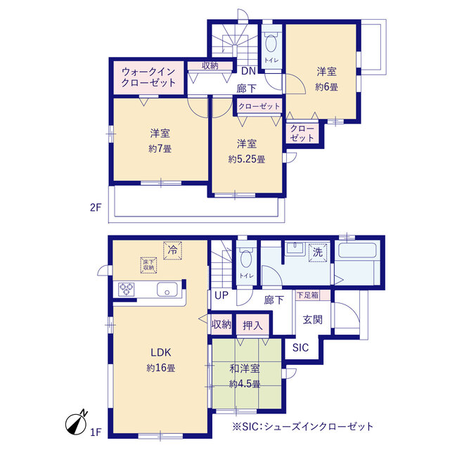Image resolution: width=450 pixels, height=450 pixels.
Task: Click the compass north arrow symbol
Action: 77,423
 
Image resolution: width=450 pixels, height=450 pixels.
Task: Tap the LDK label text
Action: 161,352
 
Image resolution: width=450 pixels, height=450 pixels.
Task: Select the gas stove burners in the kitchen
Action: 127,289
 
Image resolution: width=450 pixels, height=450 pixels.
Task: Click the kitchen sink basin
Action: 167,289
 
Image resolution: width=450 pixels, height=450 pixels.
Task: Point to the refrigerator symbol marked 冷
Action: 172,250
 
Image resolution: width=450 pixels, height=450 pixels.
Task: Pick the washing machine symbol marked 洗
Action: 317,253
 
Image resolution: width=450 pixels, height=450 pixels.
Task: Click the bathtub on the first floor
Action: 357,250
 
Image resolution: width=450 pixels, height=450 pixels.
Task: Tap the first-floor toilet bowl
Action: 246,258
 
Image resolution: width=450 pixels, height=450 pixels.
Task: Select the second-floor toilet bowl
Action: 271,44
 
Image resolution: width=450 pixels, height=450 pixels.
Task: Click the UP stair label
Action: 221,295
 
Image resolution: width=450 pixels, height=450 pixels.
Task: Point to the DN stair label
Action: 248,71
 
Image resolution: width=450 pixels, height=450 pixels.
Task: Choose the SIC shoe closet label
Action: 300,348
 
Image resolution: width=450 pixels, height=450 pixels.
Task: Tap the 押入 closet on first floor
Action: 252,325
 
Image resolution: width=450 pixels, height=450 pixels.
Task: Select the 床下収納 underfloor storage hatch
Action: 148,265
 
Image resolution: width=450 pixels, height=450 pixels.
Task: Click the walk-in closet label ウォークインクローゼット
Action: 148,77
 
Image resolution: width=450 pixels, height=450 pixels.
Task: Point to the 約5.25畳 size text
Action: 247,160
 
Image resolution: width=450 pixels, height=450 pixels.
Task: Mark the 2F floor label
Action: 96,207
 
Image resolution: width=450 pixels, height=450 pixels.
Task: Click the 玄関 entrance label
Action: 312,320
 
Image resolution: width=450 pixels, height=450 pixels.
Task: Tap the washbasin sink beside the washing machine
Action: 295,247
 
